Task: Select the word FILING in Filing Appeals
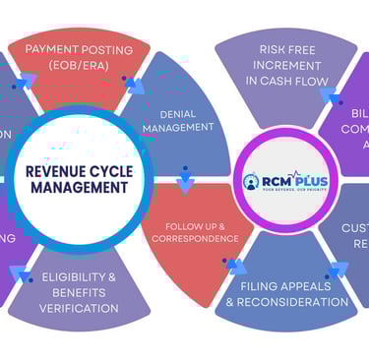(251, 286)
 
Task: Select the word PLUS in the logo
(304, 180)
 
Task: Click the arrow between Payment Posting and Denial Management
(133, 85)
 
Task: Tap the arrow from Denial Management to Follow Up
(184, 184)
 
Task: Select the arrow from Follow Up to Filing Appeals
(234, 265)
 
